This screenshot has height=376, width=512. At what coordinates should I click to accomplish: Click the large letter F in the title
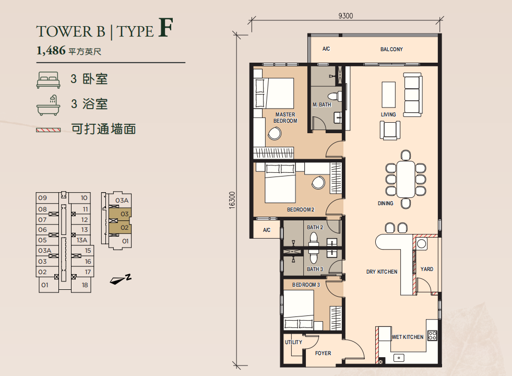pos(165,28)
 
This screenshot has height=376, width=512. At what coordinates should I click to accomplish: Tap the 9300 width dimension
pos(346,16)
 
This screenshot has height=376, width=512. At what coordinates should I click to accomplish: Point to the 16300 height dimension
pos(232,200)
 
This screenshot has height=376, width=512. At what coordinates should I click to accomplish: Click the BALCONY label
pos(391,49)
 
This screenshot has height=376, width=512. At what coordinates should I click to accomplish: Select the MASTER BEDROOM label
pos(285,118)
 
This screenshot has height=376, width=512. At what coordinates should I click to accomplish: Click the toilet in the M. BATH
pos(335,97)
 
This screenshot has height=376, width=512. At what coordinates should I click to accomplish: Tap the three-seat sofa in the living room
pos(413,95)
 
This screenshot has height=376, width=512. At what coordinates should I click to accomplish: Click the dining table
pos(406,179)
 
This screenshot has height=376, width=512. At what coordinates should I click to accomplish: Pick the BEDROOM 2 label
pos(301,210)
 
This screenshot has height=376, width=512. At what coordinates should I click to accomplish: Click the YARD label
pos(427,269)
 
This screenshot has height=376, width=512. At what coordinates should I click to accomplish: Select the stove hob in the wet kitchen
pos(432,335)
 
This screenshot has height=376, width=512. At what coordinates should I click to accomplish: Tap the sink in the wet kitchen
pos(399,358)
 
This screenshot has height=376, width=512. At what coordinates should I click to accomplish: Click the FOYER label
pos(323,353)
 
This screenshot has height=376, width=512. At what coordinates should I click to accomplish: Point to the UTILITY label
pos(293,342)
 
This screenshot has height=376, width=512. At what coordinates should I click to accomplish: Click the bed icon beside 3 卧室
pos(49,80)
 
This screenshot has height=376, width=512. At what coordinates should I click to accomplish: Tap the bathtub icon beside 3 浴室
pos(49,105)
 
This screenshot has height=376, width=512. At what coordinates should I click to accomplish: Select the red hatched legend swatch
pos(49,130)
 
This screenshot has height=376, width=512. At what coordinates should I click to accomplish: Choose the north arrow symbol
pos(120,279)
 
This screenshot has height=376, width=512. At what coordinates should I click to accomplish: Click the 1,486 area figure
pos(51,51)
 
